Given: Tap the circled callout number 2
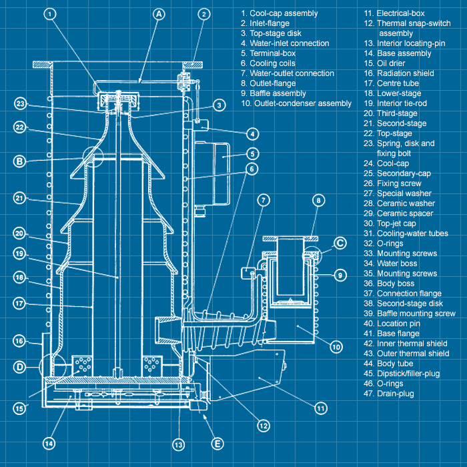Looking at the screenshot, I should [x=205, y=14].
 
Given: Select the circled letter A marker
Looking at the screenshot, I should [x=158, y=14].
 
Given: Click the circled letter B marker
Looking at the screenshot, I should [x=20, y=161].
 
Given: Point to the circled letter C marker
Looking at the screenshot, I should [x=340, y=244].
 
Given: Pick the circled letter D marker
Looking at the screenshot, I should [x=20, y=366].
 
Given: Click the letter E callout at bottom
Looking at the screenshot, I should [x=216, y=444].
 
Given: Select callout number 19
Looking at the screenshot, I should [x=20, y=254].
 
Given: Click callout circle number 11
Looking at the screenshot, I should [x=321, y=408].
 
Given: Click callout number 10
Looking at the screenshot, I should [x=335, y=347].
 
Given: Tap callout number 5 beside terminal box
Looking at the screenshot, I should [x=252, y=153].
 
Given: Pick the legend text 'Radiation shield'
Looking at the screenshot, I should [x=399, y=73].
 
